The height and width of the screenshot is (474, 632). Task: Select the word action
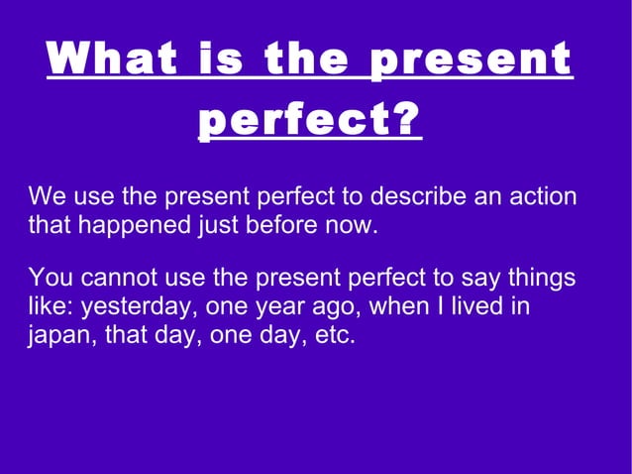[x=543, y=196]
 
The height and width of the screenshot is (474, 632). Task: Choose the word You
[x=51, y=278]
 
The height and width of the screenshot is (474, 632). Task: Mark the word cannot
[x=112, y=278]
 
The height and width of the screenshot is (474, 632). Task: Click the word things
[x=540, y=278]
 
